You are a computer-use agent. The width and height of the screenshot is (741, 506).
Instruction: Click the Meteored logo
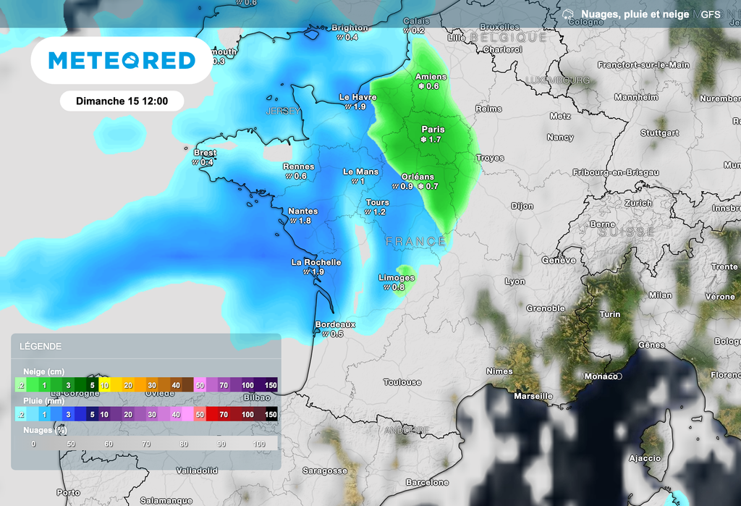(122, 61)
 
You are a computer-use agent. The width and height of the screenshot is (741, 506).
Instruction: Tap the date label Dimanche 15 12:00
(122, 101)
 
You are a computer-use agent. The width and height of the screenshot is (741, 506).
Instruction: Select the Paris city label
(433, 130)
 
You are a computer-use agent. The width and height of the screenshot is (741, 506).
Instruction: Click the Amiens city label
(431, 77)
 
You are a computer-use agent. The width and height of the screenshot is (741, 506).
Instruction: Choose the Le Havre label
(357, 97)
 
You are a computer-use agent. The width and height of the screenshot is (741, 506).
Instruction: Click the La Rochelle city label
(316, 262)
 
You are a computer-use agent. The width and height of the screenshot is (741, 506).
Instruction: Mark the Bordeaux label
(335, 324)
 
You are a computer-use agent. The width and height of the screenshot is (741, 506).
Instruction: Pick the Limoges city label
(397, 278)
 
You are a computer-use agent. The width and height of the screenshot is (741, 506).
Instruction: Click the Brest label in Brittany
(205, 153)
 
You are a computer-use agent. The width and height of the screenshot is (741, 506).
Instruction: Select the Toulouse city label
(402, 382)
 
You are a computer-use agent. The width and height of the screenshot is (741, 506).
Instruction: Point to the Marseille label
(533, 396)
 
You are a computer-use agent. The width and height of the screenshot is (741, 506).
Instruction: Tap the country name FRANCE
(415, 241)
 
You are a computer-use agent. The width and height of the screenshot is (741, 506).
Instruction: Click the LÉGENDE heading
(41, 347)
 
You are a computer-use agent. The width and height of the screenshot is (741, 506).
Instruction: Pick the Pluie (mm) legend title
(43, 400)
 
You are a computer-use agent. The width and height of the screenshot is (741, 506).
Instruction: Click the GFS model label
(711, 14)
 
